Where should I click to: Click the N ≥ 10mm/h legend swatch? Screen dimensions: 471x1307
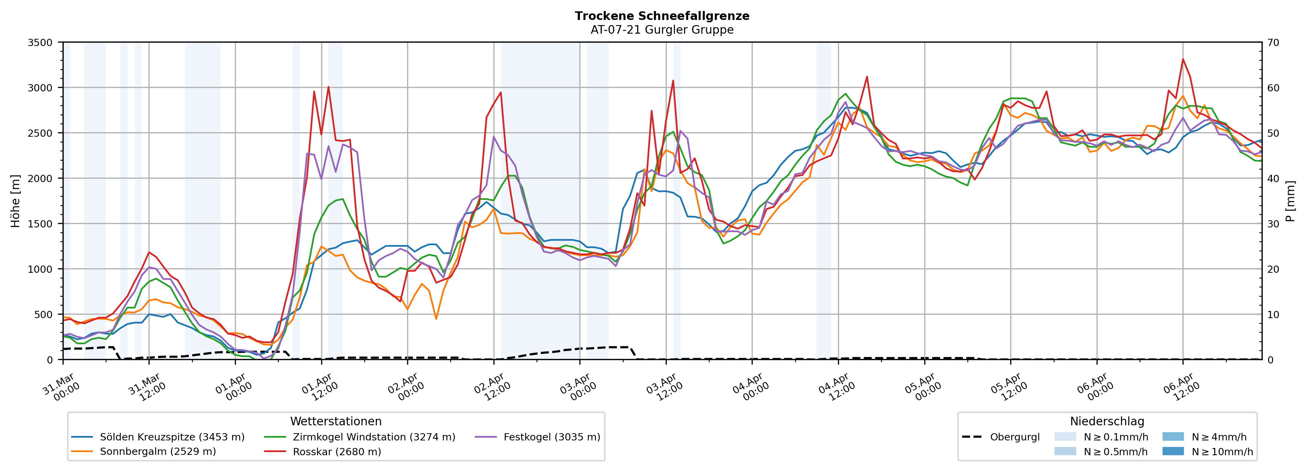pyautogui.click(x=1173, y=451)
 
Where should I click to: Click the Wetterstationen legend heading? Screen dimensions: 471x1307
pyautogui.click(x=336, y=421)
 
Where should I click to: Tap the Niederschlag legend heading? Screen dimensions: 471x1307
pyautogui.click(x=1107, y=421)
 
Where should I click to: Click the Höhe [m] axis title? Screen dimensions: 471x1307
pyautogui.click(x=15, y=201)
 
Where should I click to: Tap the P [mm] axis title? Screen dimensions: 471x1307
pyautogui.click(x=1290, y=201)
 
